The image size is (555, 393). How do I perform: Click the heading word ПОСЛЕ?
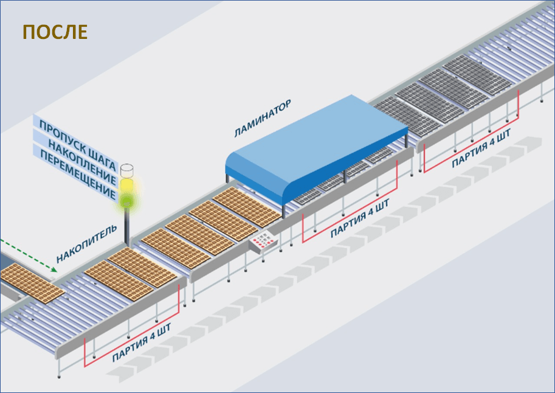pos(55,32)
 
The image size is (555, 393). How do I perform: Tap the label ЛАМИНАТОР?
pos(263,118)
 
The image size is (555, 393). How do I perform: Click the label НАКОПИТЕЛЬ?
pos(87,243)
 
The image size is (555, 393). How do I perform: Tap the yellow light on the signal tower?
pos(126,186)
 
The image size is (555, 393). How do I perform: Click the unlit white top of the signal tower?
pos(126,170)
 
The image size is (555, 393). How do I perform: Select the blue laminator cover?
pos(316,150)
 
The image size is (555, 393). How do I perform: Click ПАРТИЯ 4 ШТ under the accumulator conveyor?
pos(142,343)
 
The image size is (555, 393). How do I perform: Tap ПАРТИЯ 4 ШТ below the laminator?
pos(360,218)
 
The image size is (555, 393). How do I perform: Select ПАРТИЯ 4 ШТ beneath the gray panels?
pos(481,148)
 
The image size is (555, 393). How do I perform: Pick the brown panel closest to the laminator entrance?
pos(247,207)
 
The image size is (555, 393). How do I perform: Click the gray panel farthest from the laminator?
pos(477,75)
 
